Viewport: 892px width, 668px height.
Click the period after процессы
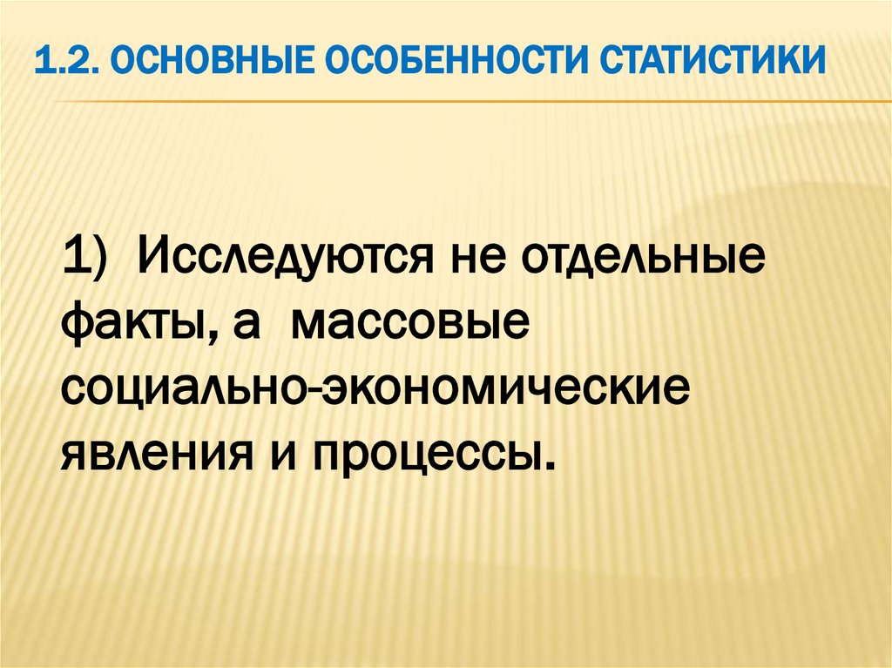coord(547,468)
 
